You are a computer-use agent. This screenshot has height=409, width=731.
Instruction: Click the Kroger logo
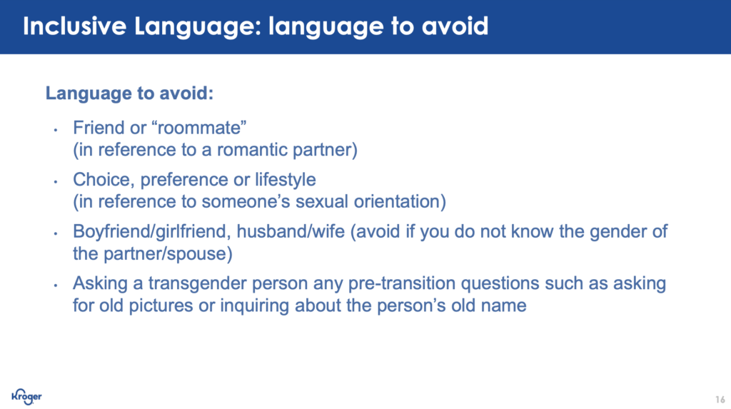coord(26,396)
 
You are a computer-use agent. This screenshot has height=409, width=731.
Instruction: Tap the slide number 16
coord(720,400)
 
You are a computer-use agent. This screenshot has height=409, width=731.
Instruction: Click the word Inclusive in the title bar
coord(74,26)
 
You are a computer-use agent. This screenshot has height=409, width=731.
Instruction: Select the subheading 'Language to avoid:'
coord(129,94)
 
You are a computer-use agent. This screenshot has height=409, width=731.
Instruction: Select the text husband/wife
coord(291,231)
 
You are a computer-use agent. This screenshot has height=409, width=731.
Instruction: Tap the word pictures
coord(161,306)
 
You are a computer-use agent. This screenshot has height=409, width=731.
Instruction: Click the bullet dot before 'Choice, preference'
coord(56,181)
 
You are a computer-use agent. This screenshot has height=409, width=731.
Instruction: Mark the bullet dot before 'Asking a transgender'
coord(56,285)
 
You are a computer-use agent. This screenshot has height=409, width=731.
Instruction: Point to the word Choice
coord(101,180)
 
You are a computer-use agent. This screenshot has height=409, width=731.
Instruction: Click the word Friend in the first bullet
coord(98,128)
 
